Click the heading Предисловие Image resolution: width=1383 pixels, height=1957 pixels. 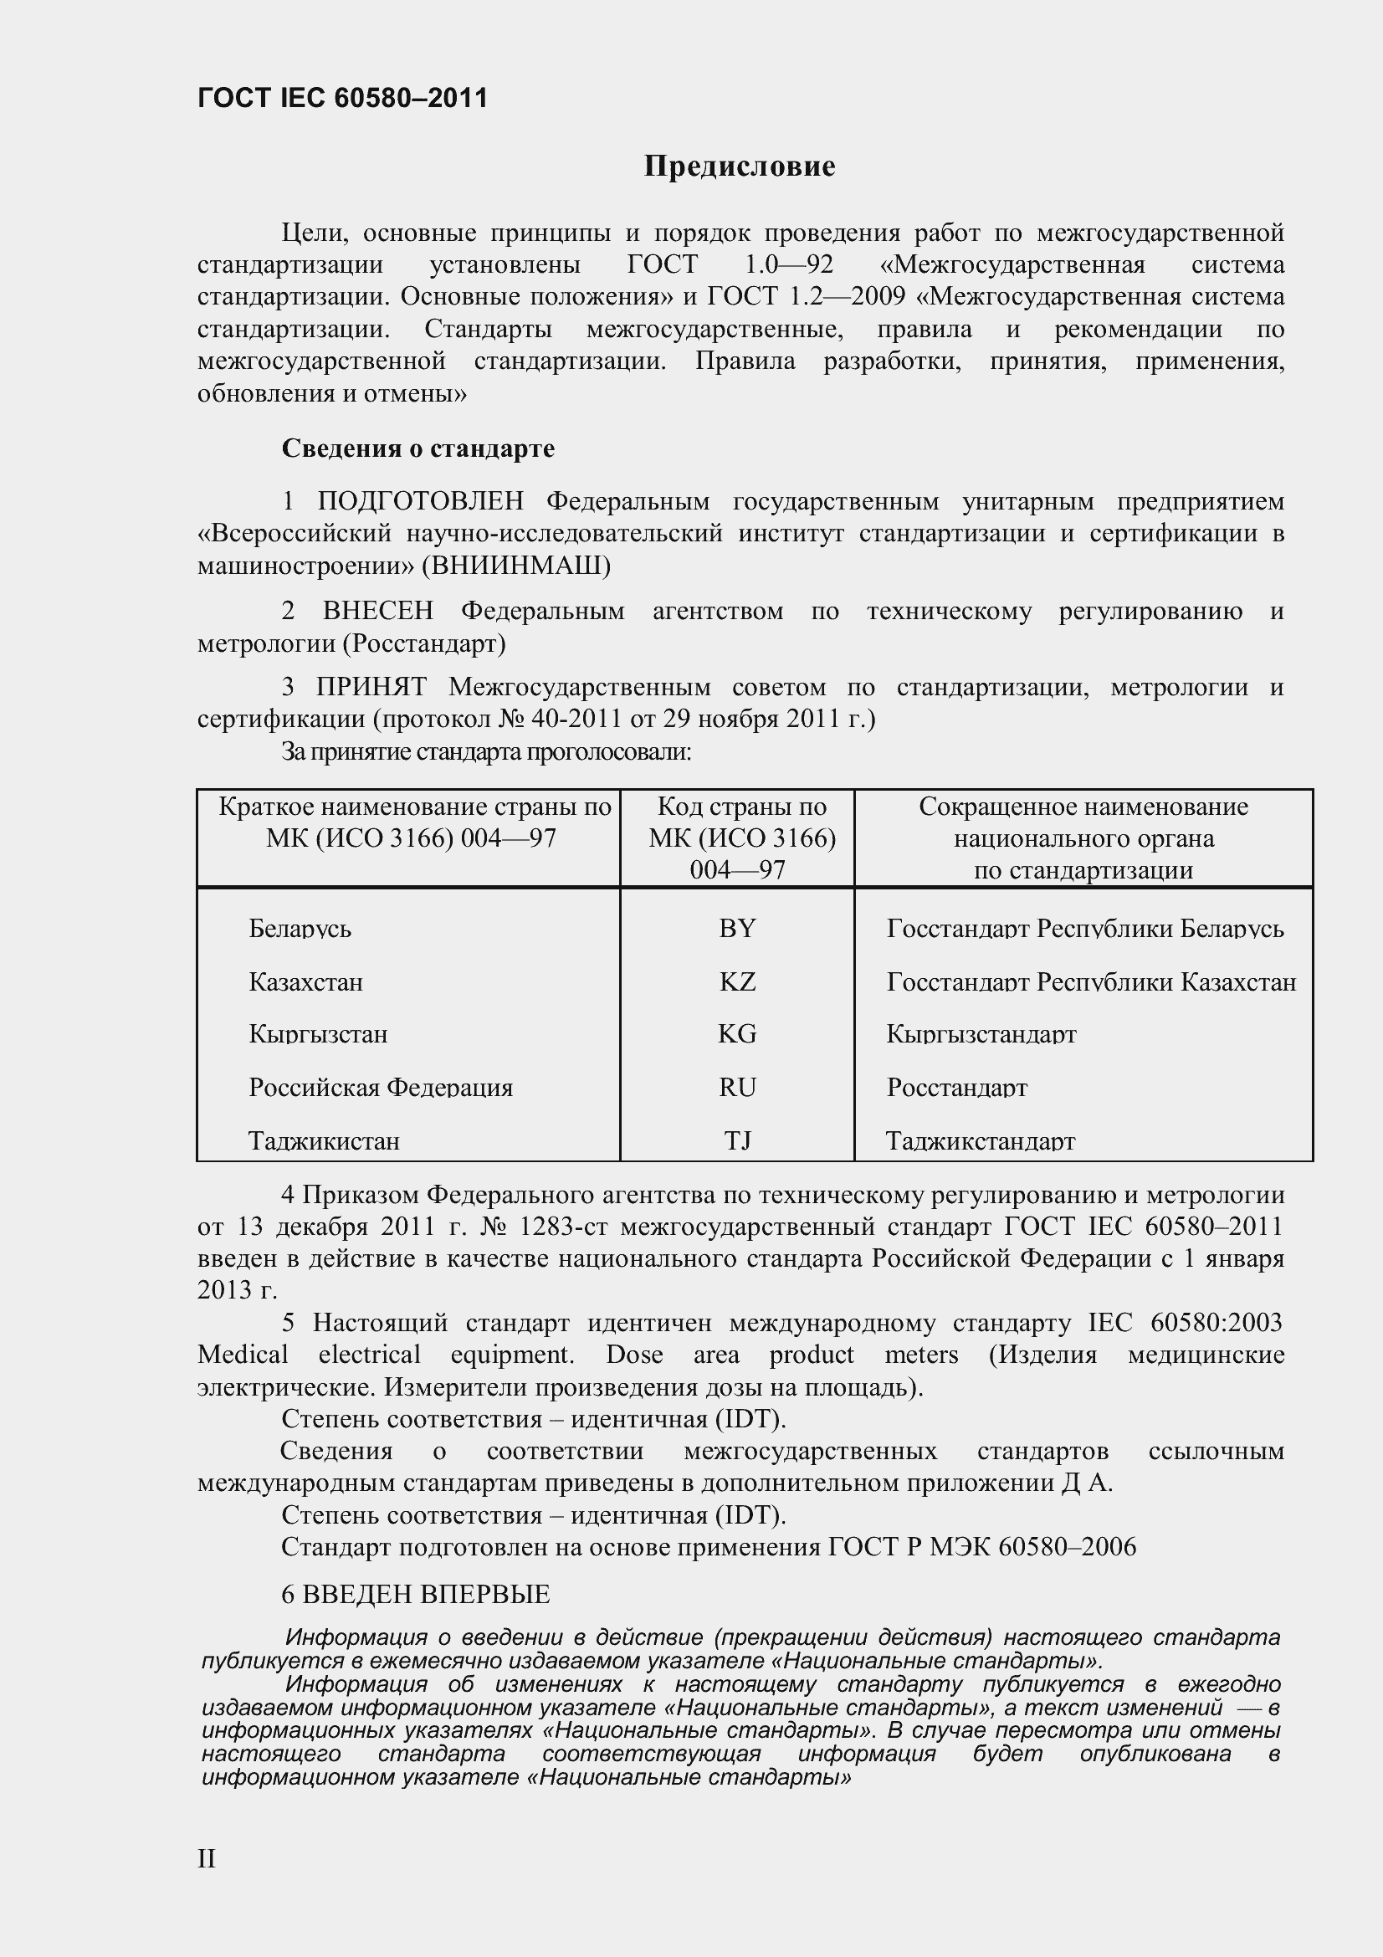[739, 166]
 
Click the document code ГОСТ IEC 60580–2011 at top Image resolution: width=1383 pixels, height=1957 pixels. [342, 98]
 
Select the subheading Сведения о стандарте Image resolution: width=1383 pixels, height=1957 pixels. [417, 448]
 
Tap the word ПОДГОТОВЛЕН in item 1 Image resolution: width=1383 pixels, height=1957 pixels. [420, 501]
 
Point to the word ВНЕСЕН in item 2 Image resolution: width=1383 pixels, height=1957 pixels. [377, 611]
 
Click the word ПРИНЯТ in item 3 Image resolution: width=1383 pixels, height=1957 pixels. [371, 687]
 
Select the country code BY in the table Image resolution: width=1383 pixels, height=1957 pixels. [737, 928]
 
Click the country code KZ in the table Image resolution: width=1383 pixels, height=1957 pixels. [737, 982]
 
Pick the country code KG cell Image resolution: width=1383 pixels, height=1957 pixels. [737, 1034]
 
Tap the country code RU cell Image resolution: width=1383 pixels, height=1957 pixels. [737, 1088]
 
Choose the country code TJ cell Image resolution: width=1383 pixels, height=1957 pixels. [737, 1140]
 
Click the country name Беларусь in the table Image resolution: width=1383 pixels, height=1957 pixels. [300, 928]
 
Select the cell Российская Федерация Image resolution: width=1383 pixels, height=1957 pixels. [380, 1088]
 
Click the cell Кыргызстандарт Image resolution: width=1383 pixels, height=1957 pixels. [981, 1034]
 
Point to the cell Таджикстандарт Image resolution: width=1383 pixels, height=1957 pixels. [980, 1140]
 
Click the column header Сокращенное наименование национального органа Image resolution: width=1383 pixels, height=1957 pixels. [1082, 838]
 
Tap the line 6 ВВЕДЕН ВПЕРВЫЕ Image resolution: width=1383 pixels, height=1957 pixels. [415, 1594]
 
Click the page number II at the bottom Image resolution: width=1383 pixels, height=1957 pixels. [207, 1859]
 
